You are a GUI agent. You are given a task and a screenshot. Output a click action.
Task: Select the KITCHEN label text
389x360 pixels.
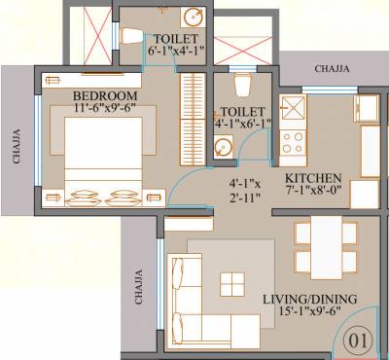(x=312, y=178)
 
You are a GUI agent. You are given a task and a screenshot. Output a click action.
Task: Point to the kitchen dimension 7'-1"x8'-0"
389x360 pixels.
(x=312, y=193)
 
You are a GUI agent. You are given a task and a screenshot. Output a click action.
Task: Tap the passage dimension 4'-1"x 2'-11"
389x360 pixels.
(x=246, y=188)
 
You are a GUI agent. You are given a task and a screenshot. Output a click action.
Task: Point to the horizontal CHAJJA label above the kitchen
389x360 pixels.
(x=333, y=68)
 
